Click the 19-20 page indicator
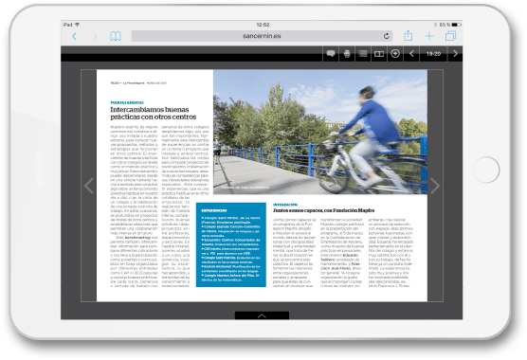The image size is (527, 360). click(433, 54)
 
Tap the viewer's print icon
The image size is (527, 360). click(347, 54)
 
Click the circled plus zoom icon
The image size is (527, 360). click(395, 54)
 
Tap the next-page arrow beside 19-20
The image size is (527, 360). click(455, 54)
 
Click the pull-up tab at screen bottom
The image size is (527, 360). click(263, 315)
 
